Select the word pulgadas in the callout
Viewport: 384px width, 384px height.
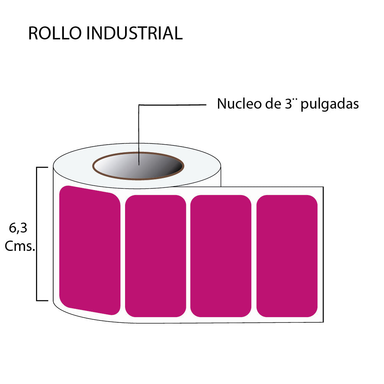pyautogui.click(x=330, y=104)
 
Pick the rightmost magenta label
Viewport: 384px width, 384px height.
pyautogui.click(x=287, y=256)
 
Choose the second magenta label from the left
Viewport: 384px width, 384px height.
pyautogui.click(x=156, y=256)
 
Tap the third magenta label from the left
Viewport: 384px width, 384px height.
pyautogui.click(x=221, y=256)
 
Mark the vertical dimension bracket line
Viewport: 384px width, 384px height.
pyautogui.click(x=37, y=234)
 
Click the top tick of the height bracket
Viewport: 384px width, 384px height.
pyautogui.click(x=42, y=167)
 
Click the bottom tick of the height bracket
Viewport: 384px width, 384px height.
pyautogui.click(x=42, y=301)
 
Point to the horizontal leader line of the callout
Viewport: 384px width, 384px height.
pyautogui.click(x=172, y=104)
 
